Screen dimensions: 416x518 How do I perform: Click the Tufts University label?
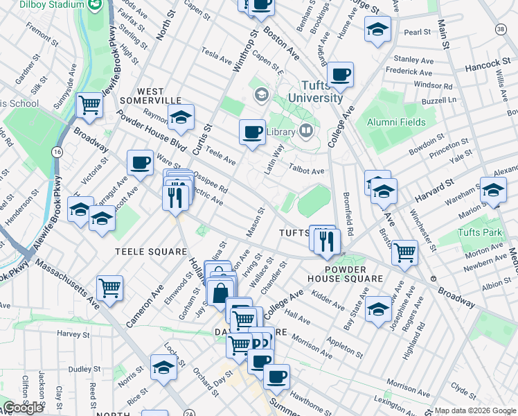[315, 91]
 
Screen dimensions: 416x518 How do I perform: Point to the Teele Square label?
[151, 251]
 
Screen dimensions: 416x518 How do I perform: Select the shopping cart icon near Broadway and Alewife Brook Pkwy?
[89, 105]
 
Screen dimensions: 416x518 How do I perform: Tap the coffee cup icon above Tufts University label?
[340, 73]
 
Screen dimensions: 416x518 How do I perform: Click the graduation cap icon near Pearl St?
[377, 29]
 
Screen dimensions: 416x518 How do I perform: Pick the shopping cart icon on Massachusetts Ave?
[110, 286]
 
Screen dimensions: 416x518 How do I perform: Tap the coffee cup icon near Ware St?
[140, 162]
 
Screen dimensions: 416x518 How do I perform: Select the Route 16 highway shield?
[57, 151]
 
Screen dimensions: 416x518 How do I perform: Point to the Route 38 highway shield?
[501, 29]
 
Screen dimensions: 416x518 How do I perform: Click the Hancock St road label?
[488, 64]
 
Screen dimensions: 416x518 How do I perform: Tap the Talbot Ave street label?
[307, 171]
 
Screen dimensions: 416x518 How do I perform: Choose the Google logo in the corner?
[23, 408]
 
